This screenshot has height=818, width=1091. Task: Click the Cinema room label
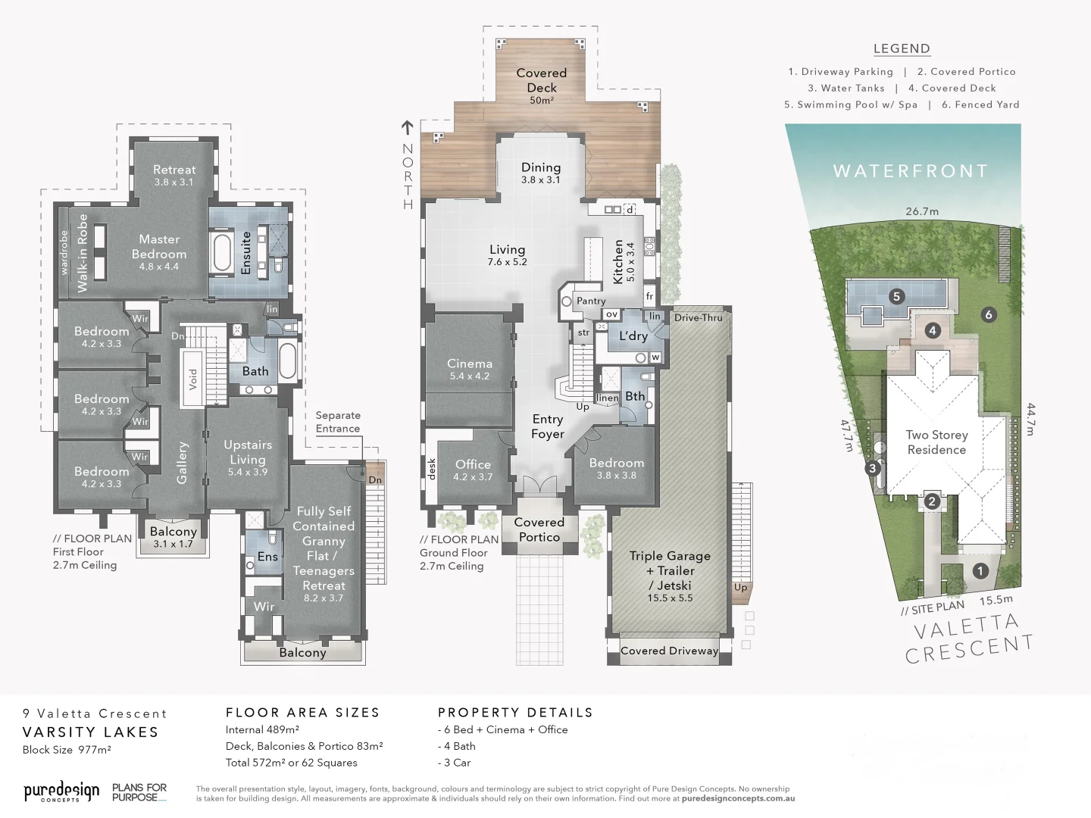pyautogui.click(x=470, y=369)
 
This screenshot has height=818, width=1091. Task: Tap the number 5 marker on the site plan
pyautogui.click(x=896, y=296)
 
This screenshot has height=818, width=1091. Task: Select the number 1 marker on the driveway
pyautogui.click(x=980, y=570)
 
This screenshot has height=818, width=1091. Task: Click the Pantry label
pyautogui.click(x=591, y=301)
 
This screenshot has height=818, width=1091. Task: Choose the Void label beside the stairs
pyautogui.click(x=192, y=379)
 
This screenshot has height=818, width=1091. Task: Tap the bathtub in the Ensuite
pyautogui.click(x=222, y=253)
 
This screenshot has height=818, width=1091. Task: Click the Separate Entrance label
pyautogui.click(x=338, y=422)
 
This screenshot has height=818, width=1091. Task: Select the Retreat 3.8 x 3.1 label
pyautogui.click(x=174, y=175)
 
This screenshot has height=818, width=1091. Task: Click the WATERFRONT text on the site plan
pyautogui.click(x=911, y=171)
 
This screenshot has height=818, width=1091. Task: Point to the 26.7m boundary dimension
pyautogui.click(x=922, y=211)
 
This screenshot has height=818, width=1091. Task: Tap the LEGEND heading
pyautogui.click(x=902, y=48)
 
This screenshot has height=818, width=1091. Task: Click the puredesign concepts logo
pyautogui.click(x=61, y=792)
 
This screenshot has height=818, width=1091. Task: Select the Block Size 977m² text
pyautogui.click(x=67, y=750)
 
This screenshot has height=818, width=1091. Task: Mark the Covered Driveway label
pyautogui.click(x=669, y=651)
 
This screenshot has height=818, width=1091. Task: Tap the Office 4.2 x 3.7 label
pyautogui.click(x=473, y=470)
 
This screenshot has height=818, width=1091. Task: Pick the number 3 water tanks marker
pyautogui.click(x=873, y=468)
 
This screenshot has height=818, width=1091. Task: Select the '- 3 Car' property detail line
pyautogui.click(x=455, y=763)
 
